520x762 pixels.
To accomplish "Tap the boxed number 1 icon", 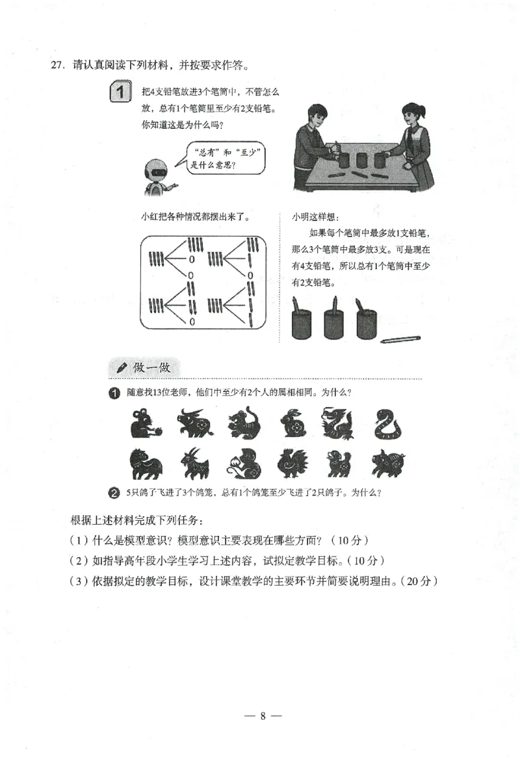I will [120, 92].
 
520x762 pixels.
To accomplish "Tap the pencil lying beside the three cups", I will [400, 339].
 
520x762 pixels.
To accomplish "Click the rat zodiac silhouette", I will [144, 424].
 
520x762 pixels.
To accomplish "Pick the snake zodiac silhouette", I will [387, 424].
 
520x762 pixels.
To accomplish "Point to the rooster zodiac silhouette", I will [291, 463].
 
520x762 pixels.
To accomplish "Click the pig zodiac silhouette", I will [388, 464].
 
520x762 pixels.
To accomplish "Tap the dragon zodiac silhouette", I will [339, 423].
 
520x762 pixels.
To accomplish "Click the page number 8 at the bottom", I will [263, 716].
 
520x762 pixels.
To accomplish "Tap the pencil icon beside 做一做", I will [121, 368].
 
